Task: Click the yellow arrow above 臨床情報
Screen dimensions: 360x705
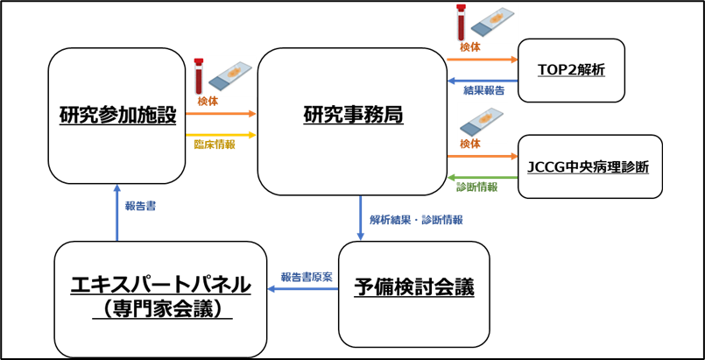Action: pyautogui.click(x=221, y=135)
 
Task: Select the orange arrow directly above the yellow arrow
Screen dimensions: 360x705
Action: pyautogui.click(x=221, y=113)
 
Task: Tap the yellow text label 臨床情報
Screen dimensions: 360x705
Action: pyautogui.click(x=215, y=145)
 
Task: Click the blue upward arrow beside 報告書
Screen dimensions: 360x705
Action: pyautogui.click(x=116, y=212)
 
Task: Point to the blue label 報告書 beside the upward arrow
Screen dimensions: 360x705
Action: pyautogui.click(x=140, y=206)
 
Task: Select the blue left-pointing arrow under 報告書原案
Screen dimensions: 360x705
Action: pyautogui.click(x=302, y=288)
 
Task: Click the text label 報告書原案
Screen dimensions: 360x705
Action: pyautogui.click(x=307, y=277)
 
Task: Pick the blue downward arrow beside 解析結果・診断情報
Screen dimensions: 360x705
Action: pyautogui.click(x=360, y=217)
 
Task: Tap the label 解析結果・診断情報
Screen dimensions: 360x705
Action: pyautogui.click(x=416, y=220)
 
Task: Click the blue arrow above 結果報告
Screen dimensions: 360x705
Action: pyautogui.click(x=482, y=81)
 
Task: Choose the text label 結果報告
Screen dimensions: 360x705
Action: pyautogui.click(x=484, y=90)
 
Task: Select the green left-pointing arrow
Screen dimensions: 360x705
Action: pyautogui.click(x=482, y=178)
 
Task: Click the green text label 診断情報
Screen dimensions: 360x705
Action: pyautogui.click(x=476, y=187)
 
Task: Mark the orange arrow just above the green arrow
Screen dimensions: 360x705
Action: pyautogui.click(x=482, y=156)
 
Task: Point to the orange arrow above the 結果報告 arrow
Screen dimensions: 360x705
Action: pyautogui.click(x=482, y=60)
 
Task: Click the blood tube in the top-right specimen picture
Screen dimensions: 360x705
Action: pyautogui.click(x=461, y=22)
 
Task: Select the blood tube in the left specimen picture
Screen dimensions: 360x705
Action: pyautogui.click(x=199, y=76)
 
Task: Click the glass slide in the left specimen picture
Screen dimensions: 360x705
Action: pyautogui.click(x=230, y=76)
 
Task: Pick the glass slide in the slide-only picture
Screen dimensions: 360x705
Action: pyautogui.click(x=482, y=122)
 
